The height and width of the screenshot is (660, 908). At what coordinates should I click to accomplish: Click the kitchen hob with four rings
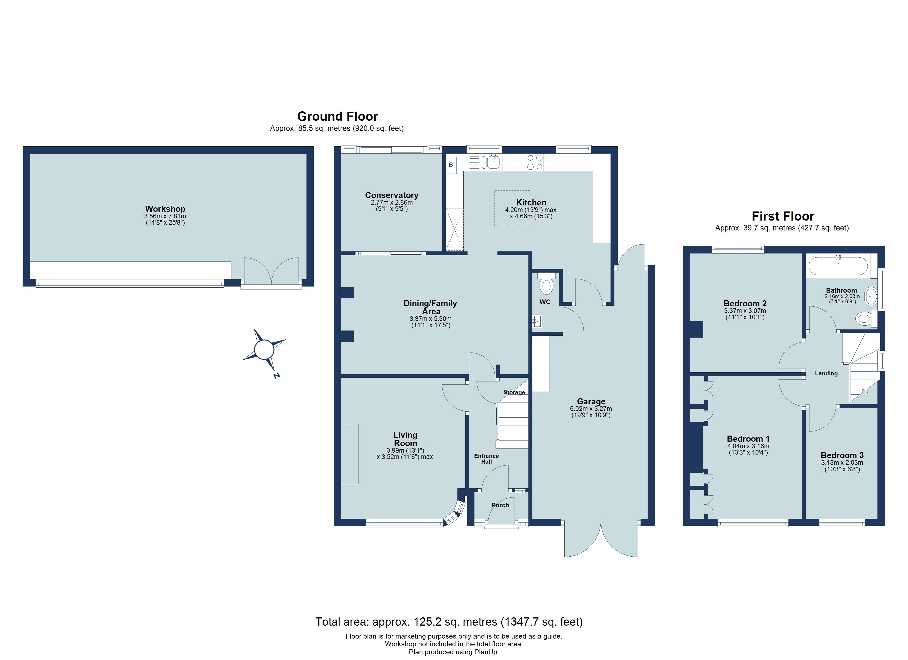click(535, 163)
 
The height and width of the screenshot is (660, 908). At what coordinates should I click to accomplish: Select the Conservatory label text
click(392, 195)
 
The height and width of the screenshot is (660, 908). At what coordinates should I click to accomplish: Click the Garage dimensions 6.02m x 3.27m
click(591, 409)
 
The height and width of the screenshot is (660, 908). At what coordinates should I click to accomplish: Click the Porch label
click(500, 505)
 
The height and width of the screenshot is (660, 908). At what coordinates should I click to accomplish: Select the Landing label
click(826, 373)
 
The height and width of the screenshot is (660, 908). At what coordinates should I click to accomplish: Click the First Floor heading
click(783, 216)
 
